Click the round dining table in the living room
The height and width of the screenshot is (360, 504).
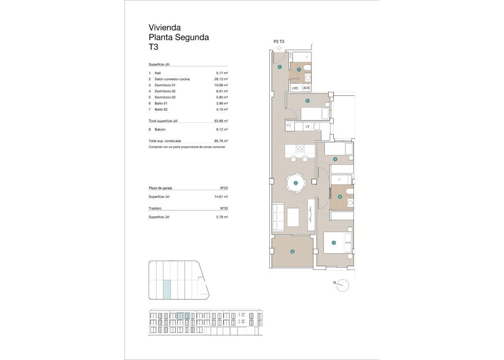pos(296,183)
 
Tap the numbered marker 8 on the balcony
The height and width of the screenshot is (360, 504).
pos(292,252)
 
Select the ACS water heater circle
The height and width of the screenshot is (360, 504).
pos(306,88)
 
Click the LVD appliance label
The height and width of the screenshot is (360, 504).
pos(295,88)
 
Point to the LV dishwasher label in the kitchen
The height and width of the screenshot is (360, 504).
pos(307,126)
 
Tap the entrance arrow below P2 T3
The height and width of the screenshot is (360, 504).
pos(279,48)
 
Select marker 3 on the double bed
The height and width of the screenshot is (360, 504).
pos(334,242)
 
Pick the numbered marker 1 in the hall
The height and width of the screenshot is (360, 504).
pos(280,67)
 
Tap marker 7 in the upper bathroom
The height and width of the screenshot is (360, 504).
pos(299,69)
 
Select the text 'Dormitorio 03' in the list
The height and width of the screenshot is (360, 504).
pos(165,97)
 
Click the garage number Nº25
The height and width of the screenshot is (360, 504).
pos(223,188)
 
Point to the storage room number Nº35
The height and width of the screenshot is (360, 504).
pos(223,209)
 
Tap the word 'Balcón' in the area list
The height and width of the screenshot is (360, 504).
pos(160,129)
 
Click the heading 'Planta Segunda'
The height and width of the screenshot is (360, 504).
pos(179,37)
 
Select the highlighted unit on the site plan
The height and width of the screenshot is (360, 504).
pos(167,289)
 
